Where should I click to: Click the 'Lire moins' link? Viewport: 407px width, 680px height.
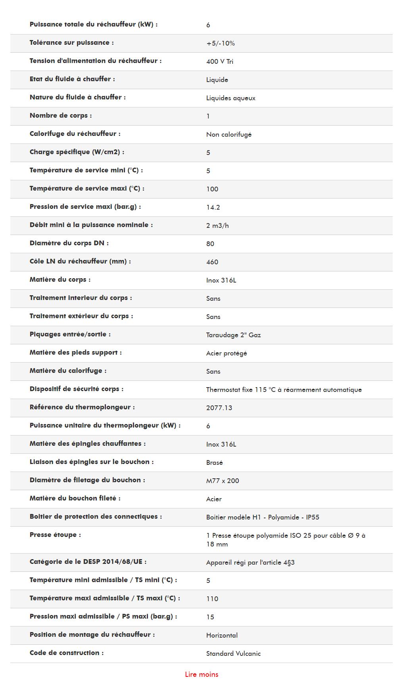pyautogui.click(x=202, y=674)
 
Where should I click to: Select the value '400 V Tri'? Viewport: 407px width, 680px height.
pyautogui.click(x=219, y=61)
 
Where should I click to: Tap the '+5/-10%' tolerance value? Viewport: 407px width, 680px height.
pyautogui.click(x=220, y=43)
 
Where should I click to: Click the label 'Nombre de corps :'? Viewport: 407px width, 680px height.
pyautogui.click(x=60, y=116)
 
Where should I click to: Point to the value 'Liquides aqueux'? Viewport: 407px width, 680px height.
pyautogui.click(x=230, y=98)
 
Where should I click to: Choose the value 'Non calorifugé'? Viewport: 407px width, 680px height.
pyautogui.click(x=228, y=134)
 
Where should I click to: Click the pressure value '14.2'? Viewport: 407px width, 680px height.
pyautogui.click(x=213, y=207)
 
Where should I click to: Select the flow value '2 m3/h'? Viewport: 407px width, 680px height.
pyautogui.click(x=217, y=225)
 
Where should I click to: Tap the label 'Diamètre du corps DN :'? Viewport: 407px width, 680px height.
pyautogui.click(x=69, y=243)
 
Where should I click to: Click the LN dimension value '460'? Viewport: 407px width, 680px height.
pyautogui.click(x=212, y=262)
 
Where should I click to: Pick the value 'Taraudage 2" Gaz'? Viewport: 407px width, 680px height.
pyautogui.click(x=233, y=335)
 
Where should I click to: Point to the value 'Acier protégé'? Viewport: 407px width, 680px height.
pyautogui.click(x=227, y=353)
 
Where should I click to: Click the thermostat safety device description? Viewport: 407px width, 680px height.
pyautogui.click(x=284, y=390)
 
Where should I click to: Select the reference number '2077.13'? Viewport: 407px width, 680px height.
pyautogui.click(x=219, y=408)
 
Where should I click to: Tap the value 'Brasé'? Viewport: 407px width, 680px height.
pyautogui.click(x=214, y=462)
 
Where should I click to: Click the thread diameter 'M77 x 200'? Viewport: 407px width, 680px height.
pyautogui.click(x=223, y=481)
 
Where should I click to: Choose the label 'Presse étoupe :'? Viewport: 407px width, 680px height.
pyautogui.click(x=55, y=535)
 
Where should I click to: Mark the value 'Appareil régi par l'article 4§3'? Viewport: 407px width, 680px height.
pyautogui.click(x=250, y=562)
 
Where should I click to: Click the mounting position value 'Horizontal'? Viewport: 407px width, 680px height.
pyautogui.click(x=222, y=635)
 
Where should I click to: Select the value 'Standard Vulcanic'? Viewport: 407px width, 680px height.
pyautogui.click(x=233, y=653)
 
